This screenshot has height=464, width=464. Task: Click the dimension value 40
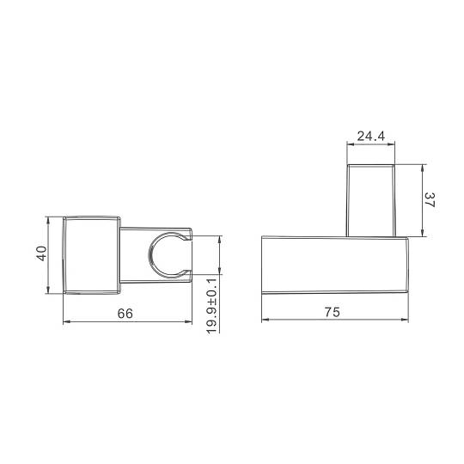42,253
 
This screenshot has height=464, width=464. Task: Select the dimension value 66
125,314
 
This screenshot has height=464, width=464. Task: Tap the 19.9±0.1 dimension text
211,306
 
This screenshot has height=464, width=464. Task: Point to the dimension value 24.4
371,136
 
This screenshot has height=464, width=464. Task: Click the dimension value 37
429,200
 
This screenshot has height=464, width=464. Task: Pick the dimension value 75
332,312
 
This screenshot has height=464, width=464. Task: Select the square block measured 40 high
91,255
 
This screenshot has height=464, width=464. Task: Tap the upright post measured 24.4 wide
371,200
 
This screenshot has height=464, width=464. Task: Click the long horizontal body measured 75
335,265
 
